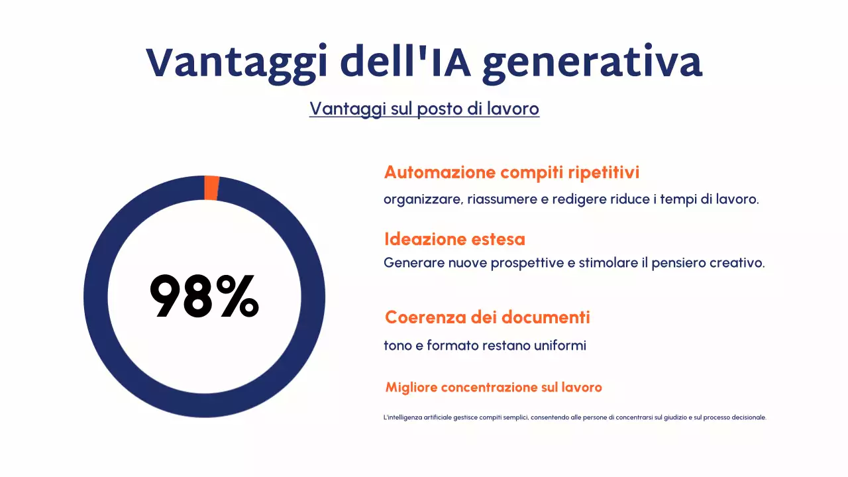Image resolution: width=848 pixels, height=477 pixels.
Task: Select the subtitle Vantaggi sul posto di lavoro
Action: pyautogui.click(x=424, y=109)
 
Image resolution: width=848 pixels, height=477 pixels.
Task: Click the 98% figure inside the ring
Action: pyautogui.click(x=204, y=297)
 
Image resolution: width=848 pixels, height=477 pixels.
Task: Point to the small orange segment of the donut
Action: pyautogui.click(x=211, y=187)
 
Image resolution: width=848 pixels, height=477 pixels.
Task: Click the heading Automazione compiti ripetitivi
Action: pyautogui.click(x=511, y=172)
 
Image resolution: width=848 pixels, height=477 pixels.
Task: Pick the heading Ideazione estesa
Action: pyautogui.click(x=454, y=238)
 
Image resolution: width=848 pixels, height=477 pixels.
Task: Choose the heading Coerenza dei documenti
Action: pyautogui.click(x=487, y=317)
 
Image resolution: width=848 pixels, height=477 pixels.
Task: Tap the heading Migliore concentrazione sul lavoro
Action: pyautogui.click(x=494, y=387)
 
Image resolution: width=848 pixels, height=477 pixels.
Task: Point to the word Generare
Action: pyautogui.click(x=414, y=263)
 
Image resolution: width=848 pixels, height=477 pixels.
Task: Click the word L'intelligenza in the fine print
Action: pyautogui.click(x=403, y=417)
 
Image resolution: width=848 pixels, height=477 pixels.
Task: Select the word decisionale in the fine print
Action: pyautogui.click(x=747, y=417)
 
